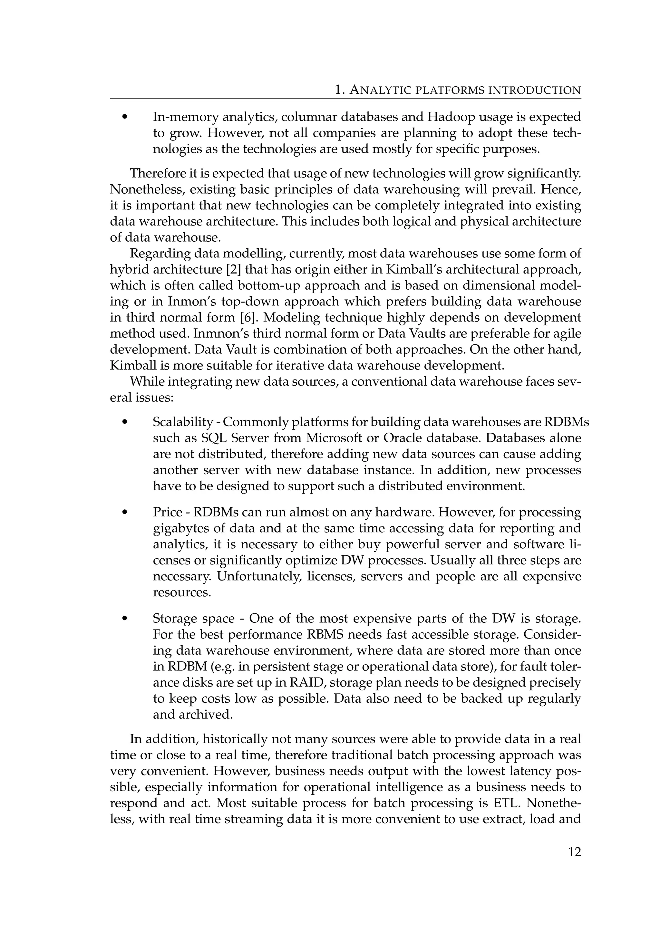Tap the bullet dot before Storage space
click(125, 619)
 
